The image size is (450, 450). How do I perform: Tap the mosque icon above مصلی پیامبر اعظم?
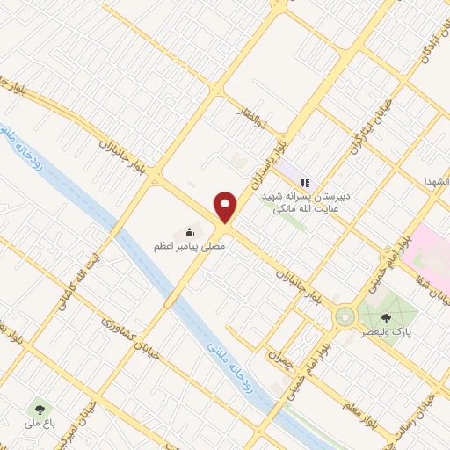point(189,232)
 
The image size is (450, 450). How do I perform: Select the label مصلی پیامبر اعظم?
point(191,249)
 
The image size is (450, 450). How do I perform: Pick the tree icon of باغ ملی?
point(38,409)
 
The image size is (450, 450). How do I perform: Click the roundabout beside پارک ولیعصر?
point(344,315)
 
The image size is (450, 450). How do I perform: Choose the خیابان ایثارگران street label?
point(361,136)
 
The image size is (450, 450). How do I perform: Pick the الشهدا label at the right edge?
point(435,179)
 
